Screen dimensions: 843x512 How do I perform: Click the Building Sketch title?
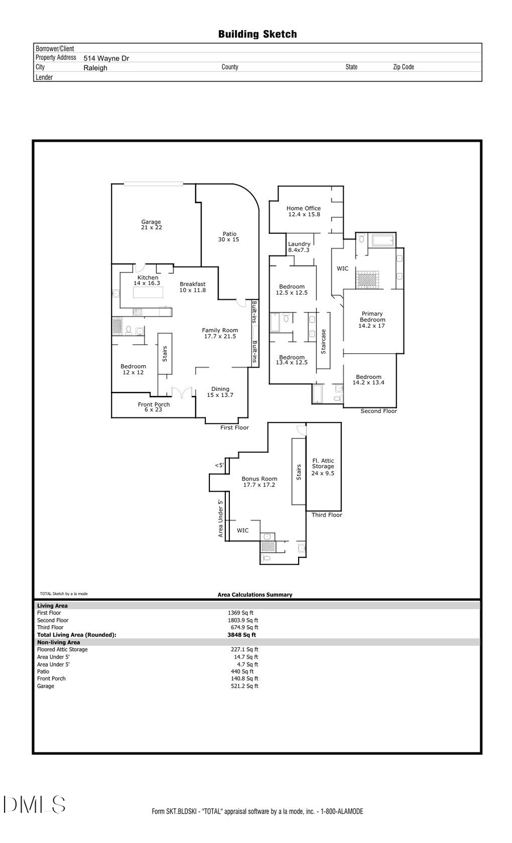pos(257,34)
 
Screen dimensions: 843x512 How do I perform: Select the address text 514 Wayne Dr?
pos(106,58)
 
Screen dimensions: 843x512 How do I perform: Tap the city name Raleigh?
pos(95,68)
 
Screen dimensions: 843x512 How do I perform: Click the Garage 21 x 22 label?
pos(151,225)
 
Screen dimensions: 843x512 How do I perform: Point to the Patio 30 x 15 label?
pos(229,237)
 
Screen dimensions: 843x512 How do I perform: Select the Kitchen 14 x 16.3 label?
pos(147,280)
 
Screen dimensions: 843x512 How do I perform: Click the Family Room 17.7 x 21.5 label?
pos(220,333)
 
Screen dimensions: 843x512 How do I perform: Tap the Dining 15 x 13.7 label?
pos(220,392)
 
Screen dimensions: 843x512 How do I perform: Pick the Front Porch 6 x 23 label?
pos(154,407)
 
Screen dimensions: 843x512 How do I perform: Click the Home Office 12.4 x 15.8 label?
pos(304,212)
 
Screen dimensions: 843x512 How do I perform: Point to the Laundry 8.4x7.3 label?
pos(299,247)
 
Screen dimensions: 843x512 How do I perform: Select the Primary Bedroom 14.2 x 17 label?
pos(372,320)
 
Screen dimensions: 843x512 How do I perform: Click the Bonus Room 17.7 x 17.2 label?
pos(259,482)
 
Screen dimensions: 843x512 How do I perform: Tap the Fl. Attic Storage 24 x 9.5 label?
pos(323,467)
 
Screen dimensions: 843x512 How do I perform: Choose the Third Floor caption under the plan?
pos(327,515)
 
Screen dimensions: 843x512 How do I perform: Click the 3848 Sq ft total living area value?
pos(242,635)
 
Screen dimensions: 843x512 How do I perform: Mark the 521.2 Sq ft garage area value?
pos(245,686)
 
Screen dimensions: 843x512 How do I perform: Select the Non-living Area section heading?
pos(59,642)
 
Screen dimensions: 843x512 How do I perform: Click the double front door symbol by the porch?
pos(183,392)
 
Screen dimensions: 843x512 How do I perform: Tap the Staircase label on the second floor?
pos(324,342)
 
